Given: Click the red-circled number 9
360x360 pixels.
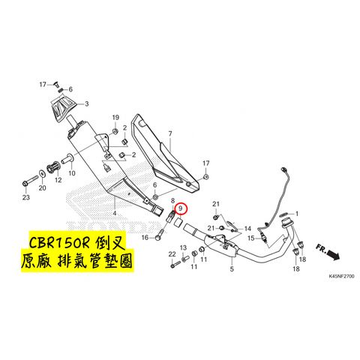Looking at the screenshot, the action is click(181, 208).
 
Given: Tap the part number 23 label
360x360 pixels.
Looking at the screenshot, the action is click(26, 197).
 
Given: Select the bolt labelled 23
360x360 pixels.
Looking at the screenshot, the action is click(29, 181).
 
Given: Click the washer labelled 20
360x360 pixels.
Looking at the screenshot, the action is click(42, 173).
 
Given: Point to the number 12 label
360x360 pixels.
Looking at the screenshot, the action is click(58, 180).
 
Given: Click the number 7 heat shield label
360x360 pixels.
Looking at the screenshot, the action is click(170, 133).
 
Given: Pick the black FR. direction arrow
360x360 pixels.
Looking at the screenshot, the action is click(333, 254).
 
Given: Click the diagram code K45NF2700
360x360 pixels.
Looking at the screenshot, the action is click(341, 276).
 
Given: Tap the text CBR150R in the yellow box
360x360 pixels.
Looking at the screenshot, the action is click(59, 242).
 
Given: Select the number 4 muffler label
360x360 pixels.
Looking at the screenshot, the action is click(115, 213).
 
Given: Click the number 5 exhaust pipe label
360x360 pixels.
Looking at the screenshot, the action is click(232, 269).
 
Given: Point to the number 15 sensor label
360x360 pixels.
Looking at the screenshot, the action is click(251, 238).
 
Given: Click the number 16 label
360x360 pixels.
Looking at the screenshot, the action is click(145, 238).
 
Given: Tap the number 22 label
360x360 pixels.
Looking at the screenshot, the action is click(172, 254).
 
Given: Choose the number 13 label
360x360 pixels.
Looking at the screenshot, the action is click(183, 247).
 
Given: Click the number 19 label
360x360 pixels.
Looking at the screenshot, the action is click(115, 118).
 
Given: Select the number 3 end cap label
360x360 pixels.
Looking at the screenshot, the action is click(86, 103).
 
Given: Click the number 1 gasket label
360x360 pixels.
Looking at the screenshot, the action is click(297, 214).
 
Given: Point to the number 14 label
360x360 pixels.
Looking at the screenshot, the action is click(247, 229).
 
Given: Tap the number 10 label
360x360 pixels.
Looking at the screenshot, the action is click(72, 173).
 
